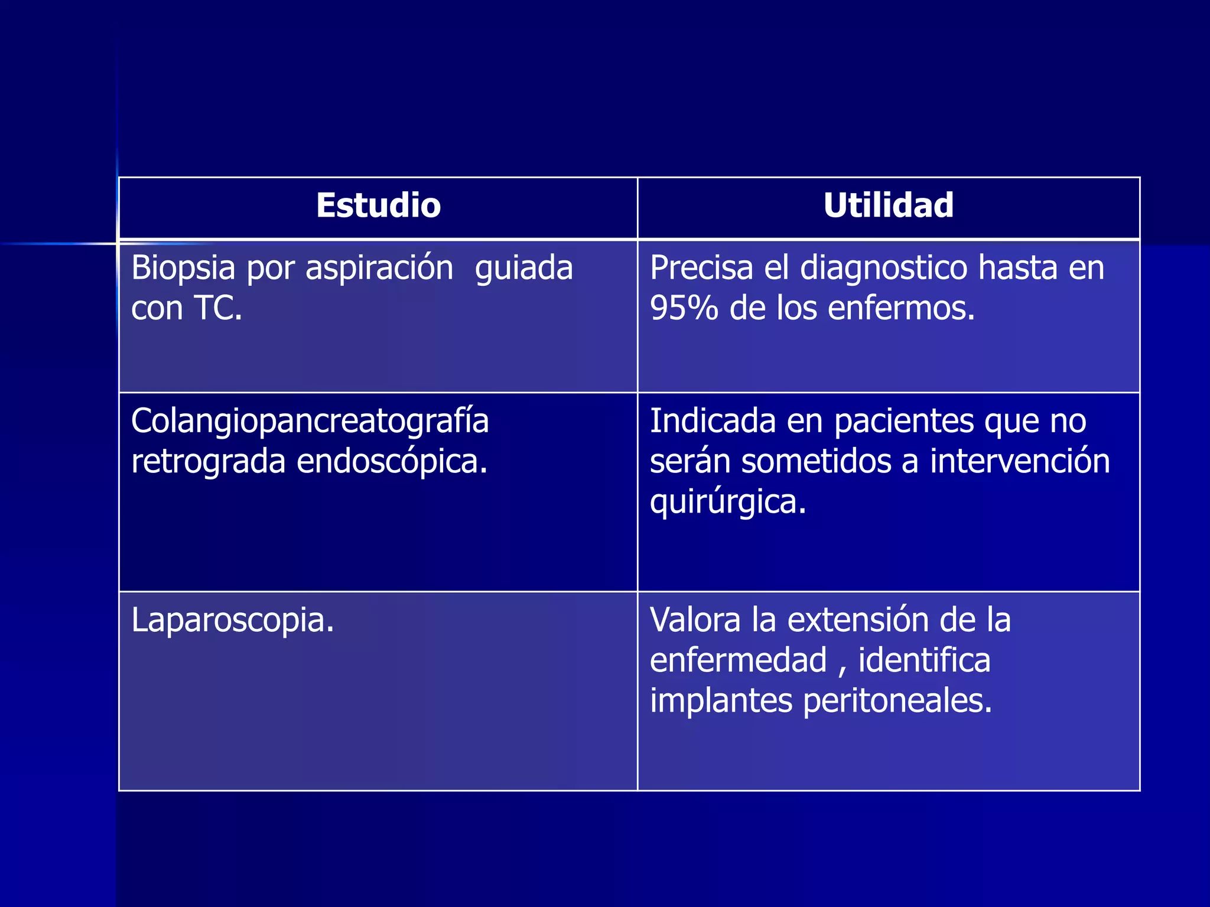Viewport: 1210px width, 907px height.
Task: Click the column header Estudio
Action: click(x=378, y=205)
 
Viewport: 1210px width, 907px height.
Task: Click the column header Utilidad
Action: click(x=888, y=205)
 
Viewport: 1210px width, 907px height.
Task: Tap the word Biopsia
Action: click(x=183, y=269)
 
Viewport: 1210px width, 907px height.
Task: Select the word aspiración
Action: click(x=379, y=269)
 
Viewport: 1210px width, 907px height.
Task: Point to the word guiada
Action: click(x=523, y=269)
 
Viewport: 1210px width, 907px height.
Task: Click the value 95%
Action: click(x=684, y=308)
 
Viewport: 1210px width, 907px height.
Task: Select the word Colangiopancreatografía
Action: click(x=310, y=422)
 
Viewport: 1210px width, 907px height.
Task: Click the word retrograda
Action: click(x=208, y=461)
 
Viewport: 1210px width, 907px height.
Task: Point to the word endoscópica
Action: click(x=392, y=461)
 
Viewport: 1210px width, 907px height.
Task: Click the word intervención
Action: click(x=1020, y=461)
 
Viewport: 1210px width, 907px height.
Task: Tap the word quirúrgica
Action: click(x=727, y=503)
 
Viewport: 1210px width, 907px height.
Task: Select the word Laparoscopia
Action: click(x=232, y=621)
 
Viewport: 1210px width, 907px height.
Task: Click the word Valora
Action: click(x=695, y=620)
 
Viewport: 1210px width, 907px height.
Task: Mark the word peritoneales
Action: click(x=897, y=701)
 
